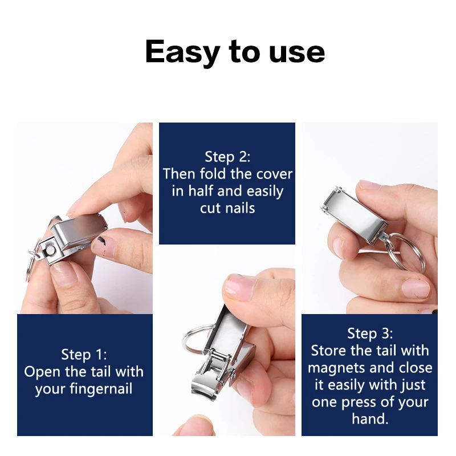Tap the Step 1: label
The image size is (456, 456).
[84, 355]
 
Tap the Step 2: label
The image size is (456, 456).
[227, 157]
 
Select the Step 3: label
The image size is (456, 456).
[370, 333]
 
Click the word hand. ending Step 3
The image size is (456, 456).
[370, 419]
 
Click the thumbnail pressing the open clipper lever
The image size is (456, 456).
[239, 285]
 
